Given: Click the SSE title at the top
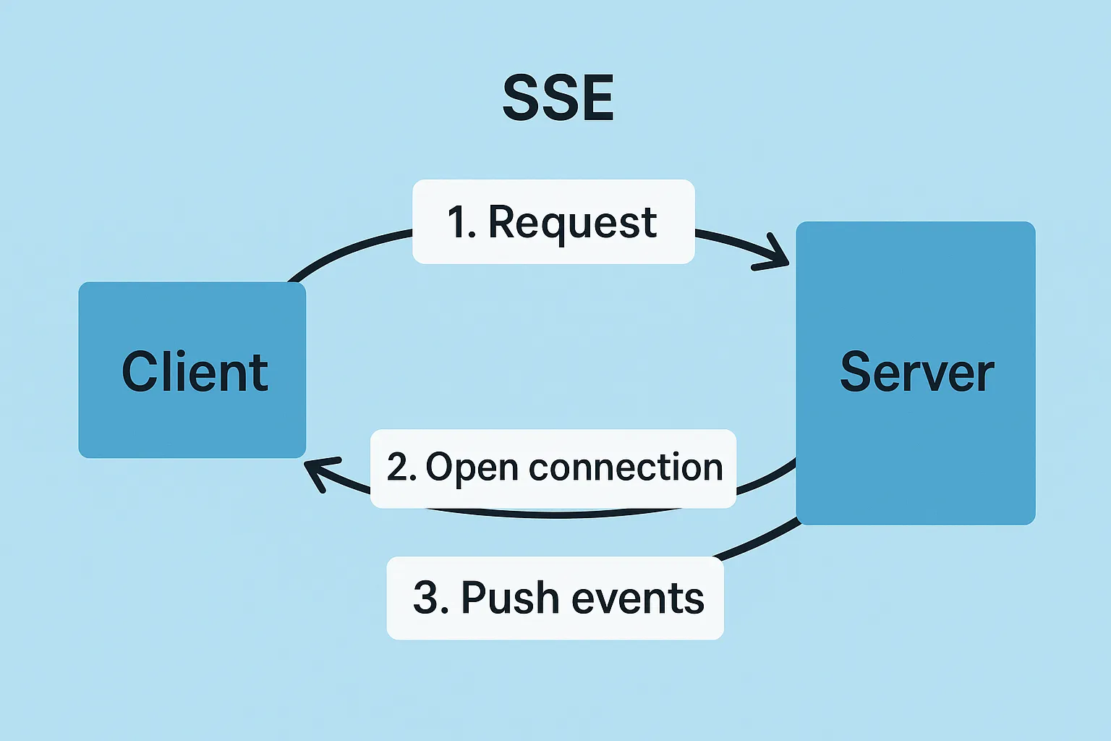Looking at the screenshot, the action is click(558, 97).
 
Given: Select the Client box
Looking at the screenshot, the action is click(192, 370).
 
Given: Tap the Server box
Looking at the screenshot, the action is click(916, 373).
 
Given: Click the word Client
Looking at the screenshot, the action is click(195, 372).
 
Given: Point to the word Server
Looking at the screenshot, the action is click(917, 372).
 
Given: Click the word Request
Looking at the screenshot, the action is click(573, 223).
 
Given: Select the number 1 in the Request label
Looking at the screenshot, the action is click(456, 222).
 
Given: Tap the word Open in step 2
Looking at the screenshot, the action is click(472, 467).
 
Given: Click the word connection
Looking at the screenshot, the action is click(626, 467).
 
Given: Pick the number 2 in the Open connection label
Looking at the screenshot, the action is click(397, 467).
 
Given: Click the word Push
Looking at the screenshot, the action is click(511, 597).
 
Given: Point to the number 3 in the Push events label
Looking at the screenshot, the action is click(425, 597).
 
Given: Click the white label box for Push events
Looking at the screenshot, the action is click(555, 598).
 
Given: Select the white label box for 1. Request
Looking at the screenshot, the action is click(553, 221).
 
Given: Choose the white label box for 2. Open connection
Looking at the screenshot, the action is click(553, 468).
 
